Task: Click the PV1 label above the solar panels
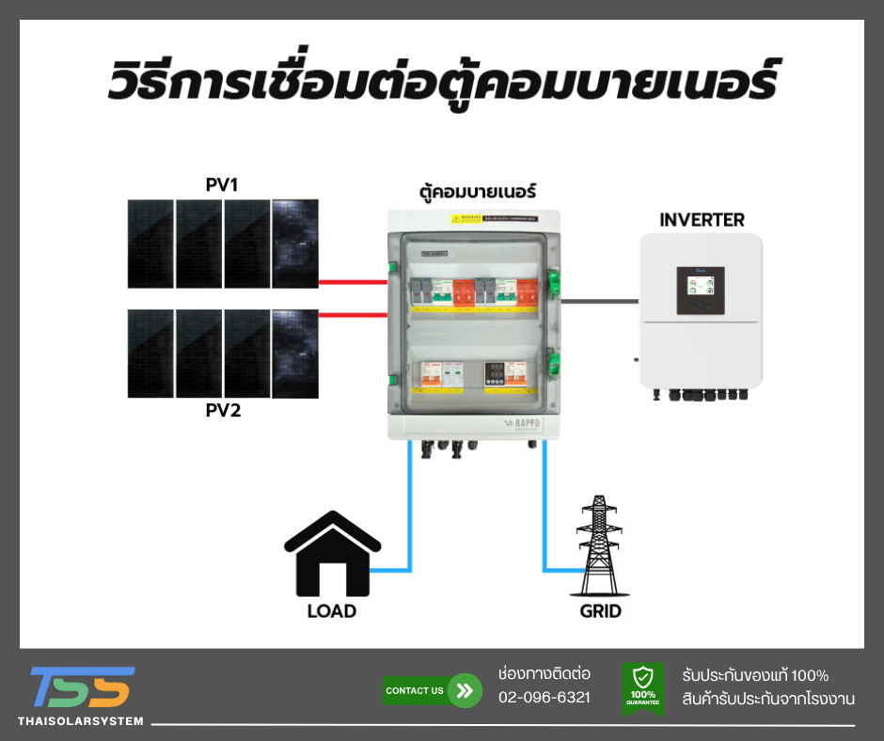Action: coord(224,183)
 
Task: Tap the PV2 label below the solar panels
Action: coord(224,410)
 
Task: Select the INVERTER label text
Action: coord(702,220)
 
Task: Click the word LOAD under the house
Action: coord(332,611)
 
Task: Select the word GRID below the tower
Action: coord(600,611)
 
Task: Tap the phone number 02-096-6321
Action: coord(545,698)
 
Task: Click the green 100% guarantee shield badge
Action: coord(643,686)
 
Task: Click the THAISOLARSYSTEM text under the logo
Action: coord(81,721)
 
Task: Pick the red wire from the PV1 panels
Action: coord(353,279)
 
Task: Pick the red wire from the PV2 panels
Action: coord(353,316)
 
